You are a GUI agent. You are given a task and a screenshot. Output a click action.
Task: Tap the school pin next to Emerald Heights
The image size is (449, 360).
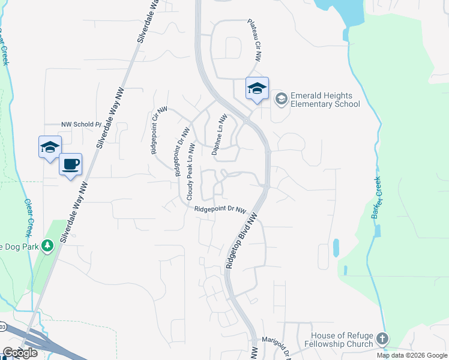tap(257, 89)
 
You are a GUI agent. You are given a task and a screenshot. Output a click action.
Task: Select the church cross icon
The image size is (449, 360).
tap(382, 340)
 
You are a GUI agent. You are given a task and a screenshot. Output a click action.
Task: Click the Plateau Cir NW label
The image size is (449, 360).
tap(256, 40)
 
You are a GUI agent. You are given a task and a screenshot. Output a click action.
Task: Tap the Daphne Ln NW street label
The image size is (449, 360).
tap(218, 135)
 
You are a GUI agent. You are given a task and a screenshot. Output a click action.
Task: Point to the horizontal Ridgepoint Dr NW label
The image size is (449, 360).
tap(220, 209)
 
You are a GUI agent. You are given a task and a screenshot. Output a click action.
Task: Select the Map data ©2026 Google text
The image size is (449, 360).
tap(412, 355)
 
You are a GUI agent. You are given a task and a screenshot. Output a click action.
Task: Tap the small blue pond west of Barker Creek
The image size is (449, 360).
tap(335, 248)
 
